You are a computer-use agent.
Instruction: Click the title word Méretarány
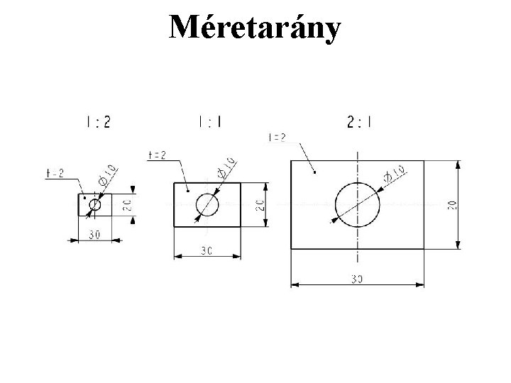tap(255, 28)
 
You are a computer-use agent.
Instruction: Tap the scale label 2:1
tap(361, 122)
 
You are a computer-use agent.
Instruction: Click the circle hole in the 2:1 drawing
tap(358, 204)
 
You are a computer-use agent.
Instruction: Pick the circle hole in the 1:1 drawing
tap(207, 204)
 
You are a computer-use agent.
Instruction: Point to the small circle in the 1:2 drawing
tap(95, 205)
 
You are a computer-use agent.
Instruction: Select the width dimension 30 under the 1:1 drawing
tap(207, 250)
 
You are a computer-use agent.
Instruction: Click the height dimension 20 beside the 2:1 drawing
tap(451, 204)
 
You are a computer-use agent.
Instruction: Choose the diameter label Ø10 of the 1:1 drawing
tap(226, 166)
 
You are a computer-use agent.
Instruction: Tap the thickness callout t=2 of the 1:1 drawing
tap(157, 155)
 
